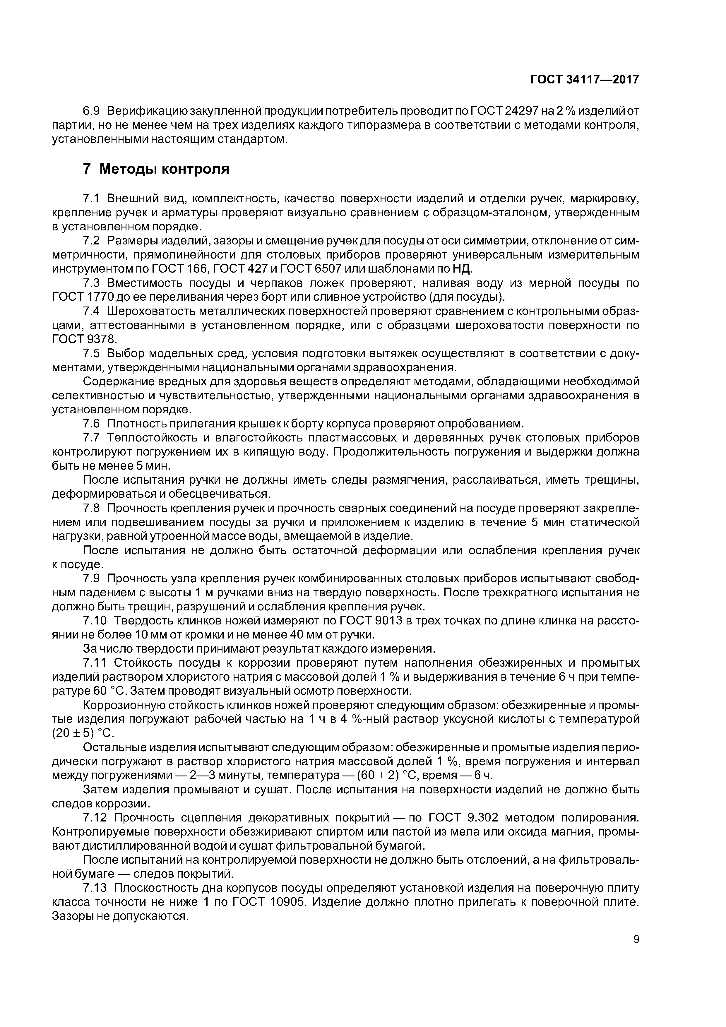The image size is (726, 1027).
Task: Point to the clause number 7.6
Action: click(93, 423)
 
